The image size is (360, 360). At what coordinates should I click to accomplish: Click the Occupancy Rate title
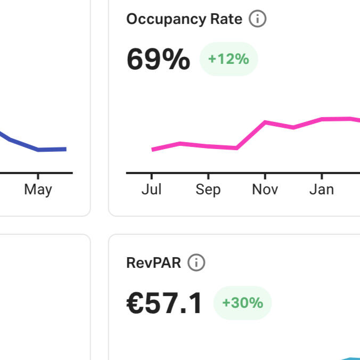(184, 20)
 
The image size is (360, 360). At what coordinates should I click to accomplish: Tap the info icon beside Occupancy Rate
(258, 20)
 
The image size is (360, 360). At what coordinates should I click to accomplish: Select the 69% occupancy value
(158, 59)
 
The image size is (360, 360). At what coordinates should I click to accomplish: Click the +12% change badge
(228, 59)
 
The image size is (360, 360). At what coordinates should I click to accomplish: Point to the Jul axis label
(152, 190)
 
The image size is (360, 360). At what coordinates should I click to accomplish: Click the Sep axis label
(208, 190)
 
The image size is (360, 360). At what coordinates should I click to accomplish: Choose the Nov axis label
(265, 190)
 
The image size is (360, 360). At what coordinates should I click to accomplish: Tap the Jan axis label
(322, 190)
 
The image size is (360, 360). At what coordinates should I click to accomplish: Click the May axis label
(38, 190)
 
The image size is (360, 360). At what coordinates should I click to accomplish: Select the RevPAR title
(154, 263)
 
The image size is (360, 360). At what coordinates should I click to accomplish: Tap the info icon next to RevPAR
(197, 263)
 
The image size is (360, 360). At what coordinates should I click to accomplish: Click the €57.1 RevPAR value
(165, 304)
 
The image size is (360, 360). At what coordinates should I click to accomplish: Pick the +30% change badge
(242, 303)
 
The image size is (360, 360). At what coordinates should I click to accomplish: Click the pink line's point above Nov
(265, 122)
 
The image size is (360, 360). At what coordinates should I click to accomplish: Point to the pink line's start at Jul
(152, 150)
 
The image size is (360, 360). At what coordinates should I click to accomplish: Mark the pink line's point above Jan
(322, 119)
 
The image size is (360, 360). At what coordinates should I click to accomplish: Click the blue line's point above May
(38, 150)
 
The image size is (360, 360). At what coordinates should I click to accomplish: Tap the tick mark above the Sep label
(208, 176)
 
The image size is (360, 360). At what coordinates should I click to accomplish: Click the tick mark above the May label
(38, 176)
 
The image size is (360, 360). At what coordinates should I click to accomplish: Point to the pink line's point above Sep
(208, 146)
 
